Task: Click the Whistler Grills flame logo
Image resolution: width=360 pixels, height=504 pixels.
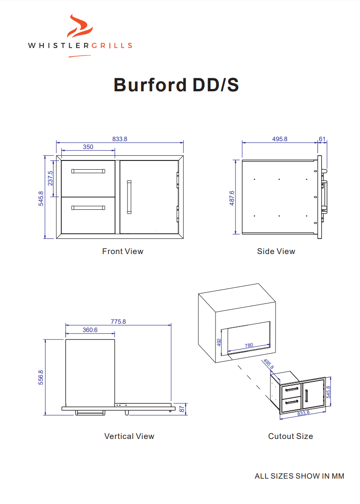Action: click(79, 27)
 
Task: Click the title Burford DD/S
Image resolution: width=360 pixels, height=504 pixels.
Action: click(176, 85)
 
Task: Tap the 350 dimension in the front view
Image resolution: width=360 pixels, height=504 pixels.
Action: click(88, 147)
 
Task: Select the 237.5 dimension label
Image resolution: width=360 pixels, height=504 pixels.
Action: click(50, 178)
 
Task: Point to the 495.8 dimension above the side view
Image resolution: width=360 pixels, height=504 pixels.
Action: click(280, 139)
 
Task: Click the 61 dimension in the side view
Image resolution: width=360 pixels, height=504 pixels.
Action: click(322, 139)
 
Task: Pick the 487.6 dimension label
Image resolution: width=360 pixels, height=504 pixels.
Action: click(232, 197)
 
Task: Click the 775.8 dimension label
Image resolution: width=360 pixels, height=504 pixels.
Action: click(118, 321)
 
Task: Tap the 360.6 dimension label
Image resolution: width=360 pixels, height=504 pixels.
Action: click(90, 330)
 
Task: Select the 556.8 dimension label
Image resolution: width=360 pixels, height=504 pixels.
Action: click(41, 377)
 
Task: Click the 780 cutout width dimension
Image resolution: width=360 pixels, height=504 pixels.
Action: click(248, 345)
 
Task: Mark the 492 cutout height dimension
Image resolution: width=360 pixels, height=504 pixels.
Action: click(219, 342)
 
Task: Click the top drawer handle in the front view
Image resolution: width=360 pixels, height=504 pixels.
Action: click(88, 171)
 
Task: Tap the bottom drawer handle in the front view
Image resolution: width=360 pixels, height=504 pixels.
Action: click(88, 208)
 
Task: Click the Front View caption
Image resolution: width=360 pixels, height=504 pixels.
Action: click(123, 251)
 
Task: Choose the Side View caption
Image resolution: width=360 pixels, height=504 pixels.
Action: click(276, 251)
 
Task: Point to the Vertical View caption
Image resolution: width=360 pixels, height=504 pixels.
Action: click(129, 436)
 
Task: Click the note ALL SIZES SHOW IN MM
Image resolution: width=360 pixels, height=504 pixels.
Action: click(299, 476)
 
